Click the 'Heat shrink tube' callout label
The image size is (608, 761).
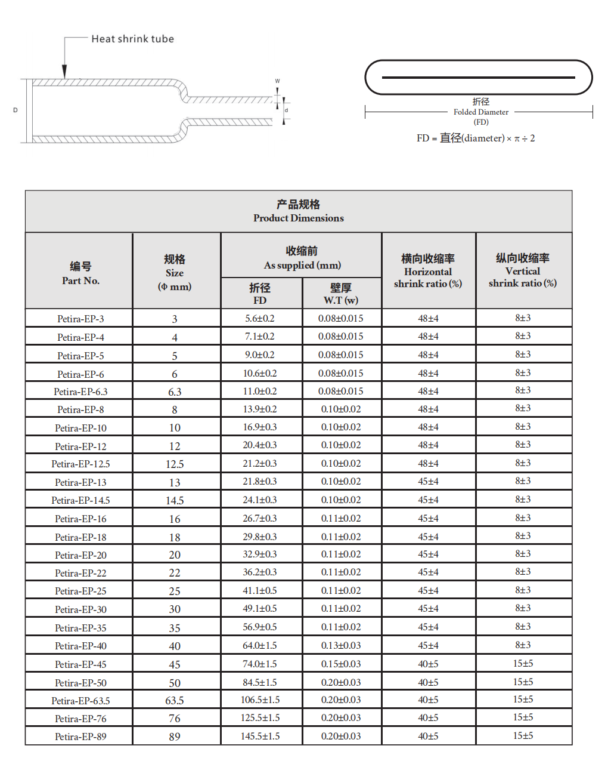[x=132, y=39]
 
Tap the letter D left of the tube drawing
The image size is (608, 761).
[x=15, y=110]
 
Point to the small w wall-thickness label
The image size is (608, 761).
[x=277, y=81]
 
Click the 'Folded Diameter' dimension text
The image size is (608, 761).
[x=480, y=112]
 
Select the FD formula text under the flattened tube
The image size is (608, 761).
[x=475, y=138]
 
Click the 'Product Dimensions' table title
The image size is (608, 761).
[x=298, y=218]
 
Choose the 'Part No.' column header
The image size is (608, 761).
[x=80, y=281]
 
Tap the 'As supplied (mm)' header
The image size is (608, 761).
[x=302, y=265]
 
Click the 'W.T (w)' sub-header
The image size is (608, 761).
[x=341, y=300]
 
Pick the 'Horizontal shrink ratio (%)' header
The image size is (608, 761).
[x=428, y=278]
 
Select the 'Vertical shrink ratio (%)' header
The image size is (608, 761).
[x=523, y=277]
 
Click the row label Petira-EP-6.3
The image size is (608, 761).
[x=80, y=392]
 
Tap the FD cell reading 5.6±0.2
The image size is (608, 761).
[x=260, y=318]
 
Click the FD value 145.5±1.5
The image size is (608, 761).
[x=260, y=736]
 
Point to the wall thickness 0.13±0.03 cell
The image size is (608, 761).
[x=341, y=645]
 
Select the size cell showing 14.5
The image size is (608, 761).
[x=175, y=500]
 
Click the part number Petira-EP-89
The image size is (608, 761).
[x=80, y=737]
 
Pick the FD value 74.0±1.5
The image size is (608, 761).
[x=260, y=664]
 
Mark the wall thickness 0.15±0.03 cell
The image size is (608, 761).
[x=341, y=664]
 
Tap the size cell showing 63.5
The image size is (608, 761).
[x=175, y=700]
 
